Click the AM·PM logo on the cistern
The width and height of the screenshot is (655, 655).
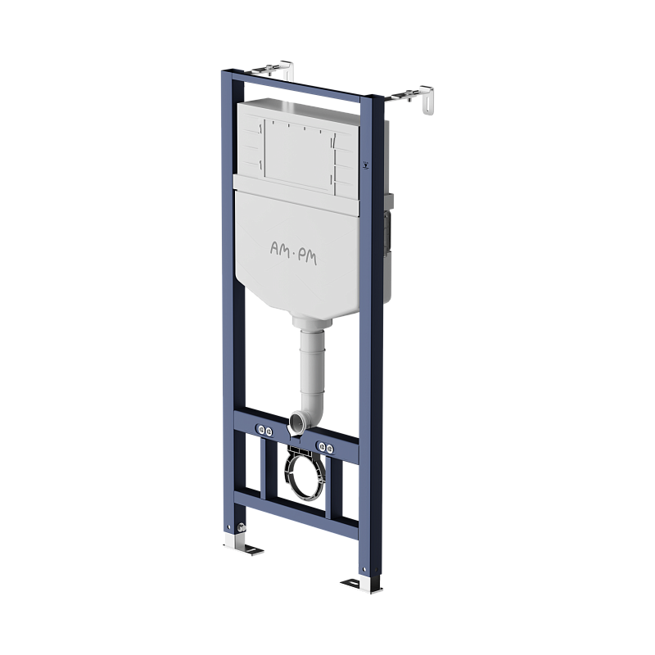pyautogui.click(x=293, y=253)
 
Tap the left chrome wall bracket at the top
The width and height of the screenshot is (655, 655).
pyautogui.click(x=273, y=70)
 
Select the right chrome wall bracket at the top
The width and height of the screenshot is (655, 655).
pyautogui.click(x=413, y=98)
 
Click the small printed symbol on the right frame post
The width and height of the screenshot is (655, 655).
pyautogui.click(x=366, y=165)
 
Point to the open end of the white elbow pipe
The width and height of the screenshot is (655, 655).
pyautogui.click(x=297, y=420)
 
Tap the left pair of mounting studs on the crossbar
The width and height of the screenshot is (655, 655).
pyautogui.click(x=264, y=430)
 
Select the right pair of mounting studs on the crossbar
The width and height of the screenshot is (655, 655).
pyautogui.click(x=326, y=448)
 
